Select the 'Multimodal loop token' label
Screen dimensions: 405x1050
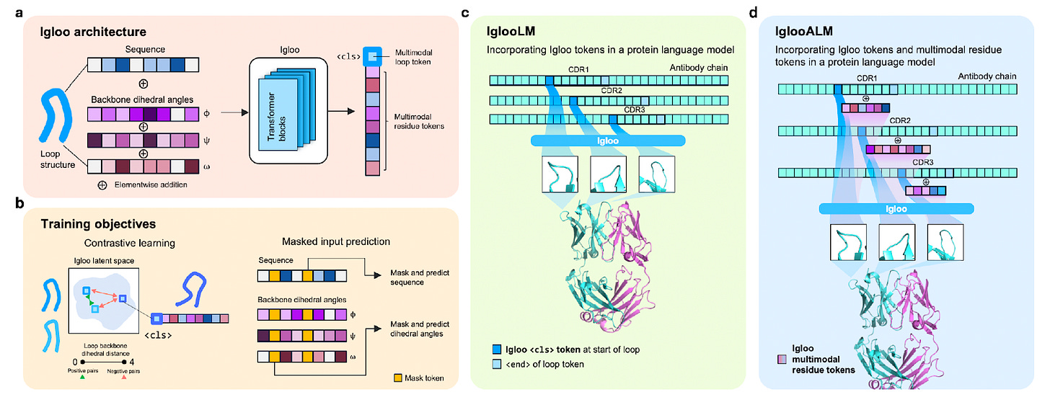coord(412,58)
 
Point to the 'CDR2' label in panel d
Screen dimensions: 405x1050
coord(897,121)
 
